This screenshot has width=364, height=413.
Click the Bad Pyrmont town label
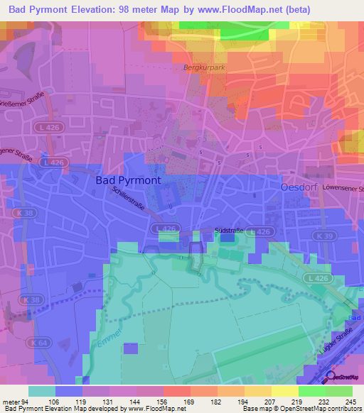point(128,180)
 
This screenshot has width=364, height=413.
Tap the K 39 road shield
point(326,235)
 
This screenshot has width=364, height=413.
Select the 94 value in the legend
point(28,401)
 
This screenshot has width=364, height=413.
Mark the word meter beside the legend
point(11,401)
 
